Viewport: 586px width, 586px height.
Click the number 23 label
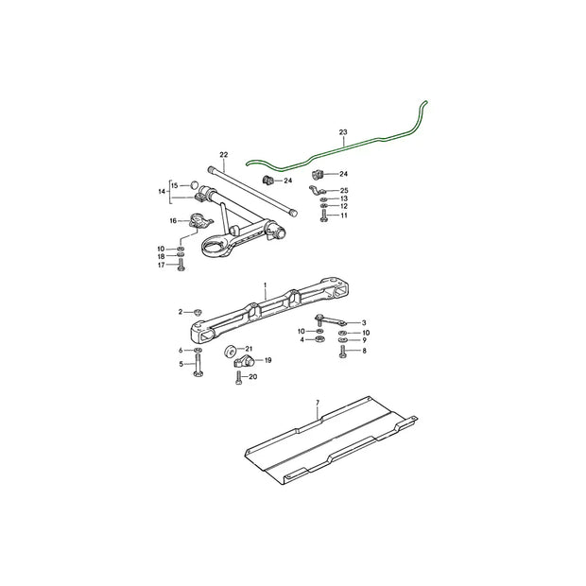click(x=343, y=133)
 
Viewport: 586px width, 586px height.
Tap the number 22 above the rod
click(x=224, y=154)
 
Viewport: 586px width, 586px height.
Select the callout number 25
click(x=344, y=191)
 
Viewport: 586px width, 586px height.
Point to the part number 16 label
click(x=173, y=220)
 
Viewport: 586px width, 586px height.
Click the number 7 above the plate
click(x=318, y=403)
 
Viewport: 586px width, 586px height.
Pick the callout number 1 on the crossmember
click(x=266, y=284)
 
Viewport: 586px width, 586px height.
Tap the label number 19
click(x=268, y=360)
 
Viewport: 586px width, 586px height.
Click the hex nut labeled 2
click(x=198, y=311)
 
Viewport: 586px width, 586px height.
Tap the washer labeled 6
click(x=198, y=351)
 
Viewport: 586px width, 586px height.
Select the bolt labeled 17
click(x=180, y=267)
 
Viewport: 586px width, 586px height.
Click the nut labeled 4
click(x=319, y=338)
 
